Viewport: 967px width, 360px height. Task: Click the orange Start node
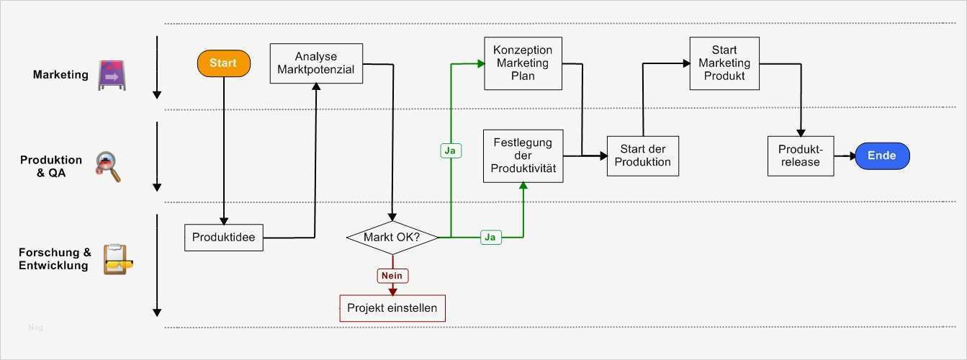(223, 63)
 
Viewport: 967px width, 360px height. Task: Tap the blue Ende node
(882, 156)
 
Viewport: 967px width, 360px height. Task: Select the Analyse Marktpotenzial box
(316, 63)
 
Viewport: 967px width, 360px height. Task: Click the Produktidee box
(224, 237)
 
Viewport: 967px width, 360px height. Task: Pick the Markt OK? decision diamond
(392, 237)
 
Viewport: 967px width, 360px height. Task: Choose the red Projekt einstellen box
(392, 308)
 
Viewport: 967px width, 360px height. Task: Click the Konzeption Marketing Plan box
(523, 63)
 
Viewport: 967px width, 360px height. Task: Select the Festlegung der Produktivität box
(523, 156)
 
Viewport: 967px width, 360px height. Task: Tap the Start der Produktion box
(643, 156)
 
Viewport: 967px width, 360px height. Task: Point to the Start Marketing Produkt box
(724, 63)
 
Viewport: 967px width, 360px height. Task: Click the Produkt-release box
(800, 156)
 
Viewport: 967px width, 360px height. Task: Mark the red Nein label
(392, 276)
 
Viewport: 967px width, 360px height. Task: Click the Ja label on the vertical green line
(451, 151)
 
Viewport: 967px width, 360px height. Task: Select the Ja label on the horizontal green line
(490, 237)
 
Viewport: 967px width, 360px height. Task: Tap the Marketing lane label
(60, 75)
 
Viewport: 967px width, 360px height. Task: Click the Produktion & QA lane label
(50, 166)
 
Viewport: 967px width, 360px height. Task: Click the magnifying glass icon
(109, 166)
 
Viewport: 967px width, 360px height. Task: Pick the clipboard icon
(115, 259)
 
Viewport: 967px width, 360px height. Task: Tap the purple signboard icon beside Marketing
(112, 75)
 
